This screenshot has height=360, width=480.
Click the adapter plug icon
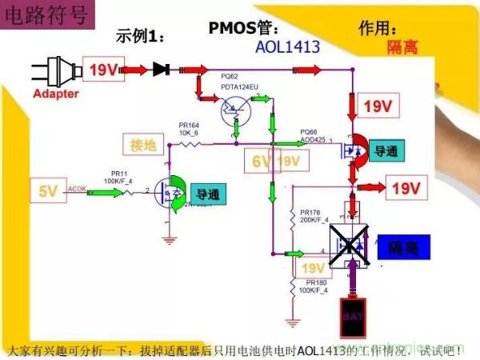pyautogui.click(x=54, y=69)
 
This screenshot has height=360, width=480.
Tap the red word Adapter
pyautogui.click(x=56, y=94)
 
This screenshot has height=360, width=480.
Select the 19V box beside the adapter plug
pyautogui.click(x=103, y=70)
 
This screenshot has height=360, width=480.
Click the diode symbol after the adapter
pyautogui.click(x=161, y=70)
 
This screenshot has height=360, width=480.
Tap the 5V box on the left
pyautogui.click(x=48, y=190)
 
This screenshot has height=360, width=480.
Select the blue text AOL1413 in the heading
pyautogui.click(x=288, y=47)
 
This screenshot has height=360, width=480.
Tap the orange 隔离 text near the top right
pyautogui.click(x=401, y=48)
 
